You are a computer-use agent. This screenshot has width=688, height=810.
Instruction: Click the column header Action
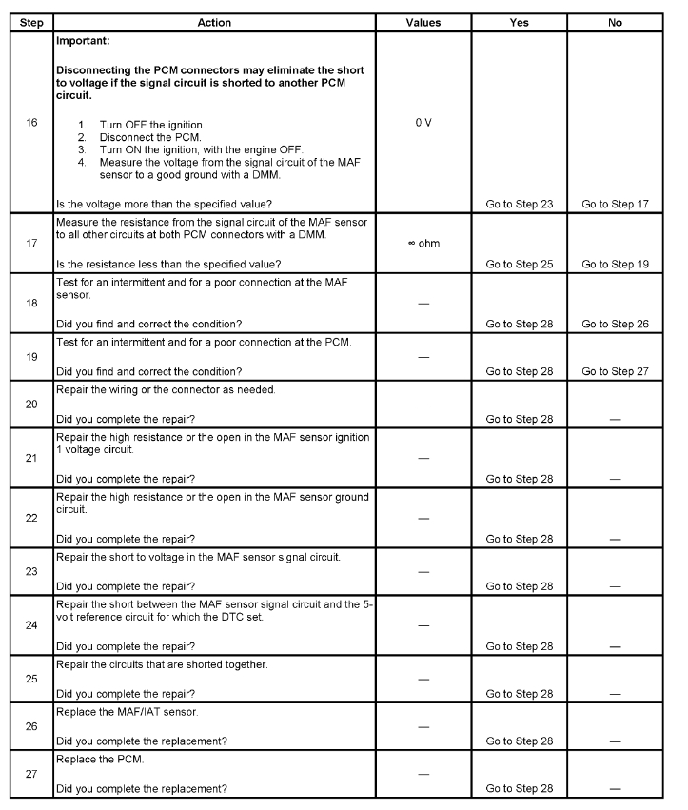point(214,22)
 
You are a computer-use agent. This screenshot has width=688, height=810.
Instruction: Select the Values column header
point(423,22)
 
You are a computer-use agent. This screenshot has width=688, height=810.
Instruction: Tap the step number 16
point(31,123)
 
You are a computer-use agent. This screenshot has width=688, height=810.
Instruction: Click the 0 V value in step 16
point(423,123)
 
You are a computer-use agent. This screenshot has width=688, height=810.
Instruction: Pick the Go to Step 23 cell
point(519,203)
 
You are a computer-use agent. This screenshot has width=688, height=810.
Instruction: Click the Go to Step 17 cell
point(615,203)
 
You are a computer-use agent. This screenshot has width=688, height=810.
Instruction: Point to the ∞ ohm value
point(423,243)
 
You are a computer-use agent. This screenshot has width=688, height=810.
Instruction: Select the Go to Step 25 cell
point(519,264)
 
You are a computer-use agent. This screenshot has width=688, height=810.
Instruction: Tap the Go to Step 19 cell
point(615,264)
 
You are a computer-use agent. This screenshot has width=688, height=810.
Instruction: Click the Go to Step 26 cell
point(615,324)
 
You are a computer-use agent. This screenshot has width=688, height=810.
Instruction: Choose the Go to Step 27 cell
point(615,370)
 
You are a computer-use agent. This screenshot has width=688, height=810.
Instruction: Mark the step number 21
point(31,458)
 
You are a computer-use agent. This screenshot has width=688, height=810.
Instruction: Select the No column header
point(615,22)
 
